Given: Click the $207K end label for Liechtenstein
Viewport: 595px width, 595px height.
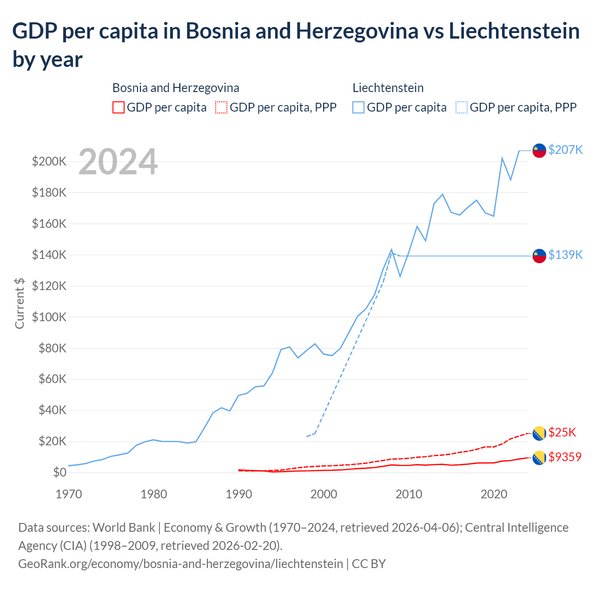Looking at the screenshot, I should [x=565, y=150].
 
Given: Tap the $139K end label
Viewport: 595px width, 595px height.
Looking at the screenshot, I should [x=565, y=255].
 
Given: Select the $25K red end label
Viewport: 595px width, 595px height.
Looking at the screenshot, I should [x=562, y=432].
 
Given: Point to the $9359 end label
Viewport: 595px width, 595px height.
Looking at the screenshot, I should [x=565, y=457].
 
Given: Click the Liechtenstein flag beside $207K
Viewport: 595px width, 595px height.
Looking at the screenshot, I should [x=539, y=151].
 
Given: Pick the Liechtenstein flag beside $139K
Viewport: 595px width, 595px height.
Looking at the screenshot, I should [x=539, y=256].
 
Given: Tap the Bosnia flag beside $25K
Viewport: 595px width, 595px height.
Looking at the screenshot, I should [x=539, y=433].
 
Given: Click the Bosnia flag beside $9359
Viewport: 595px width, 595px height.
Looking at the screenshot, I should [x=539, y=458].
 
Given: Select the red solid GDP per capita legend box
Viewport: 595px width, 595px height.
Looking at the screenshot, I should [x=119, y=107].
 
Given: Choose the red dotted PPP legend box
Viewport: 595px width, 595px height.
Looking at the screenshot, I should [x=221, y=107].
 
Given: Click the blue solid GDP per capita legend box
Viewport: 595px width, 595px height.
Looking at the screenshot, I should [x=358, y=107].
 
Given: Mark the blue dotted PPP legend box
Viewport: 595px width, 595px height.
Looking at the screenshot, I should [x=462, y=107].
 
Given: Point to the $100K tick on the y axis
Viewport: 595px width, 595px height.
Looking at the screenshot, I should [x=49, y=317].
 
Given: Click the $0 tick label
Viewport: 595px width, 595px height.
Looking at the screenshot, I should [x=59, y=473].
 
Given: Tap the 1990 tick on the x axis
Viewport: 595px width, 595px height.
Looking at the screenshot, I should [x=238, y=494].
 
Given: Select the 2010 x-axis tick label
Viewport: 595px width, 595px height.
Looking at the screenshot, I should [x=409, y=494].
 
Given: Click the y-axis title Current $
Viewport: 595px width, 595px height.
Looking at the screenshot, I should [x=20, y=303].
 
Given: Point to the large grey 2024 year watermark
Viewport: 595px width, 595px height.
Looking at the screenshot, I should [x=118, y=162].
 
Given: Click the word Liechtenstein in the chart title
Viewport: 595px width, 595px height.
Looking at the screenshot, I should [x=514, y=31].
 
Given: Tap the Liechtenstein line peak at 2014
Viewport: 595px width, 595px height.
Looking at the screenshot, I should [x=443, y=194].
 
